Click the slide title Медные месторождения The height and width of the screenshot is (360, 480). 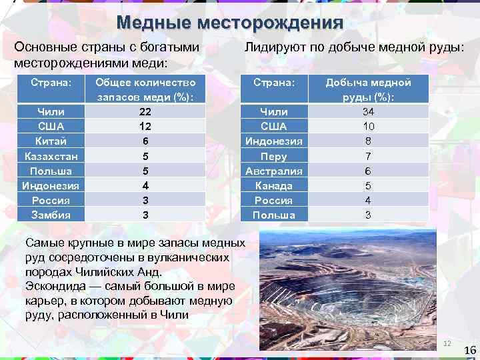click(x=230, y=23)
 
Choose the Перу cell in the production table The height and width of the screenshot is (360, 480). click(x=273, y=157)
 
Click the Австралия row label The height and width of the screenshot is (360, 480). click(x=273, y=171)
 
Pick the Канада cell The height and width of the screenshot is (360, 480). click(x=273, y=186)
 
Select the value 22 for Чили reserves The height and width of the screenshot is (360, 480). click(x=146, y=111)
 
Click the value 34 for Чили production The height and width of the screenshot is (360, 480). click(x=369, y=111)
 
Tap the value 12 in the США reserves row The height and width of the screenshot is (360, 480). click(x=146, y=126)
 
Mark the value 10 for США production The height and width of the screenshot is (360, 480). click(x=369, y=126)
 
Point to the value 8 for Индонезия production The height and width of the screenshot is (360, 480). click(x=369, y=141)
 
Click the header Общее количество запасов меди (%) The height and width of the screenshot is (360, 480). click(x=146, y=90)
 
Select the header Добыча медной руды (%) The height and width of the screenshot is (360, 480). click(x=369, y=90)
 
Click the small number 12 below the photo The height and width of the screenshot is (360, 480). click(x=447, y=343)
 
